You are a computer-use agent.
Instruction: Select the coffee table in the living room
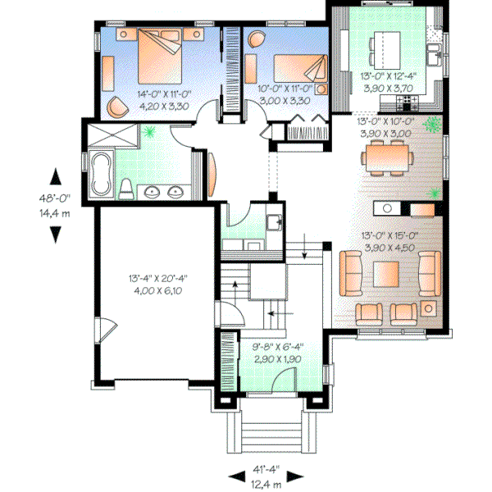pos(385,272)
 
